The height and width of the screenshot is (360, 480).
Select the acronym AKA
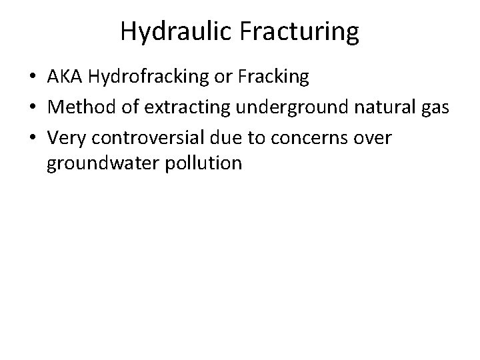pyautogui.click(x=63, y=78)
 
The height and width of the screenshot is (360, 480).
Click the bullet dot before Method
pyautogui.click(x=33, y=107)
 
